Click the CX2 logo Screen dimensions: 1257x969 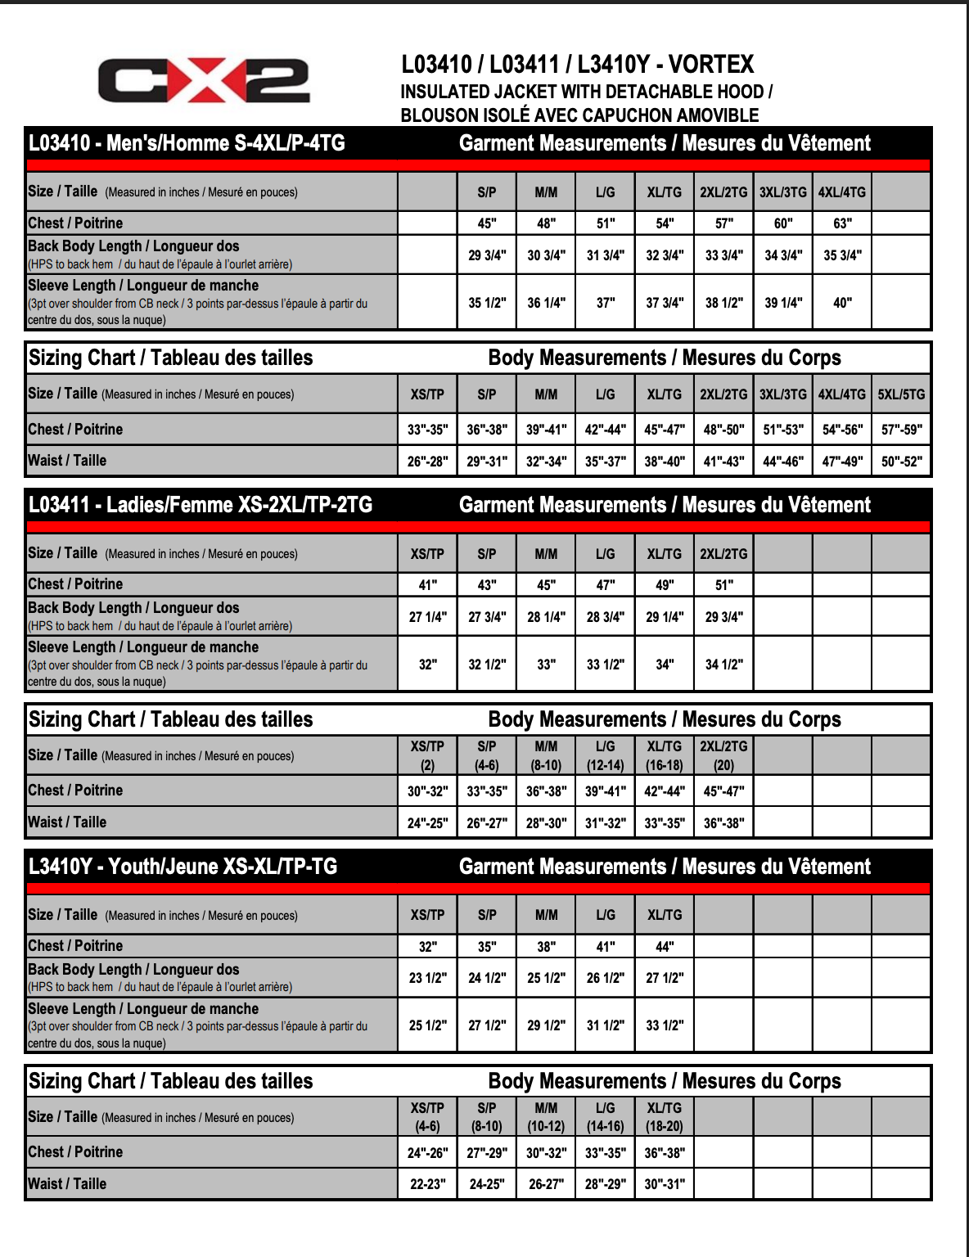[204, 80]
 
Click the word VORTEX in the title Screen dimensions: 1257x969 [711, 65]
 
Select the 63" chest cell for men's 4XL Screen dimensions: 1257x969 [842, 223]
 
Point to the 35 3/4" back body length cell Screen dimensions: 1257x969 [842, 255]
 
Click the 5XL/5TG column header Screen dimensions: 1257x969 [901, 394]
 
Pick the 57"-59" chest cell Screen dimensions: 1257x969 [901, 430]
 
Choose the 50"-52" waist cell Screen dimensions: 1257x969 [901, 462]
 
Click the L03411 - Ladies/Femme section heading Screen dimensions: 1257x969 [201, 505]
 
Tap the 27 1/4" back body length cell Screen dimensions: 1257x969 [427, 617]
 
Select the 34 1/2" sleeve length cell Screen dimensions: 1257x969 [723, 665]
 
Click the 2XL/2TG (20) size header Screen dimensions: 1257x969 [723, 755]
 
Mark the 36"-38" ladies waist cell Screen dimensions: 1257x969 [723, 823]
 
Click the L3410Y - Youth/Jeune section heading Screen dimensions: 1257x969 [183, 867]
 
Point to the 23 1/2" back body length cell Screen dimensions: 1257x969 [427, 978]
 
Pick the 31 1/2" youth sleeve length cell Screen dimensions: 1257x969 [605, 1025]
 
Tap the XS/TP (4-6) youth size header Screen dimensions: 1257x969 [427, 1117]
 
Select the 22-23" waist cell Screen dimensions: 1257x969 [427, 1184]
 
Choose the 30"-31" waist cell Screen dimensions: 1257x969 [665, 1184]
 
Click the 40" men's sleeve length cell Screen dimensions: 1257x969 [842, 303]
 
